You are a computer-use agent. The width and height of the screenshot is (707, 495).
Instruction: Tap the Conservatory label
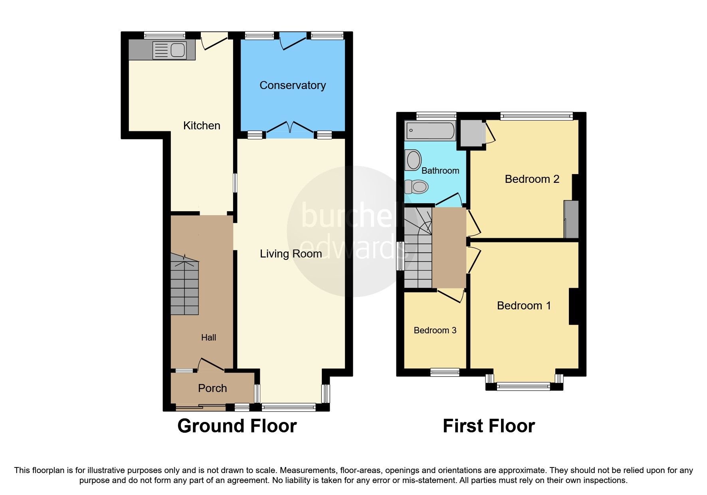click(293, 85)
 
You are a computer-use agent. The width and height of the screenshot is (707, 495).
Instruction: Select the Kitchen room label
click(202, 125)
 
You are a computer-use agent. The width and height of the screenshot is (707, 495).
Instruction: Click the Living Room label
click(291, 253)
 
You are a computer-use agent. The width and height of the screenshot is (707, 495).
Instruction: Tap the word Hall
click(208, 338)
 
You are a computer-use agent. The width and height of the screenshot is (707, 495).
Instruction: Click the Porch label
click(212, 388)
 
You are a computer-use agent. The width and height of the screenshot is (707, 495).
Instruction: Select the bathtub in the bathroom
click(430, 131)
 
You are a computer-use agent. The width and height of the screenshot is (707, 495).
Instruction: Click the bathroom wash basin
click(413, 160)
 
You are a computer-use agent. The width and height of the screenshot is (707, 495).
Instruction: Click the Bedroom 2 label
click(532, 179)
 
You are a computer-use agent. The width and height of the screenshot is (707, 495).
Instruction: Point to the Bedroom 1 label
click(524, 305)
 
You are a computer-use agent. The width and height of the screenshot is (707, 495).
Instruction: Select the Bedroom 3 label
click(435, 330)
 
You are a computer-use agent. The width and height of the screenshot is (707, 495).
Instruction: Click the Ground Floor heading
click(237, 426)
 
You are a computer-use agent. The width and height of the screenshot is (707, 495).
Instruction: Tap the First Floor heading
click(489, 426)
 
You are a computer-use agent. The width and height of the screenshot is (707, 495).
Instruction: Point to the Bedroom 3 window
click(445, 372)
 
